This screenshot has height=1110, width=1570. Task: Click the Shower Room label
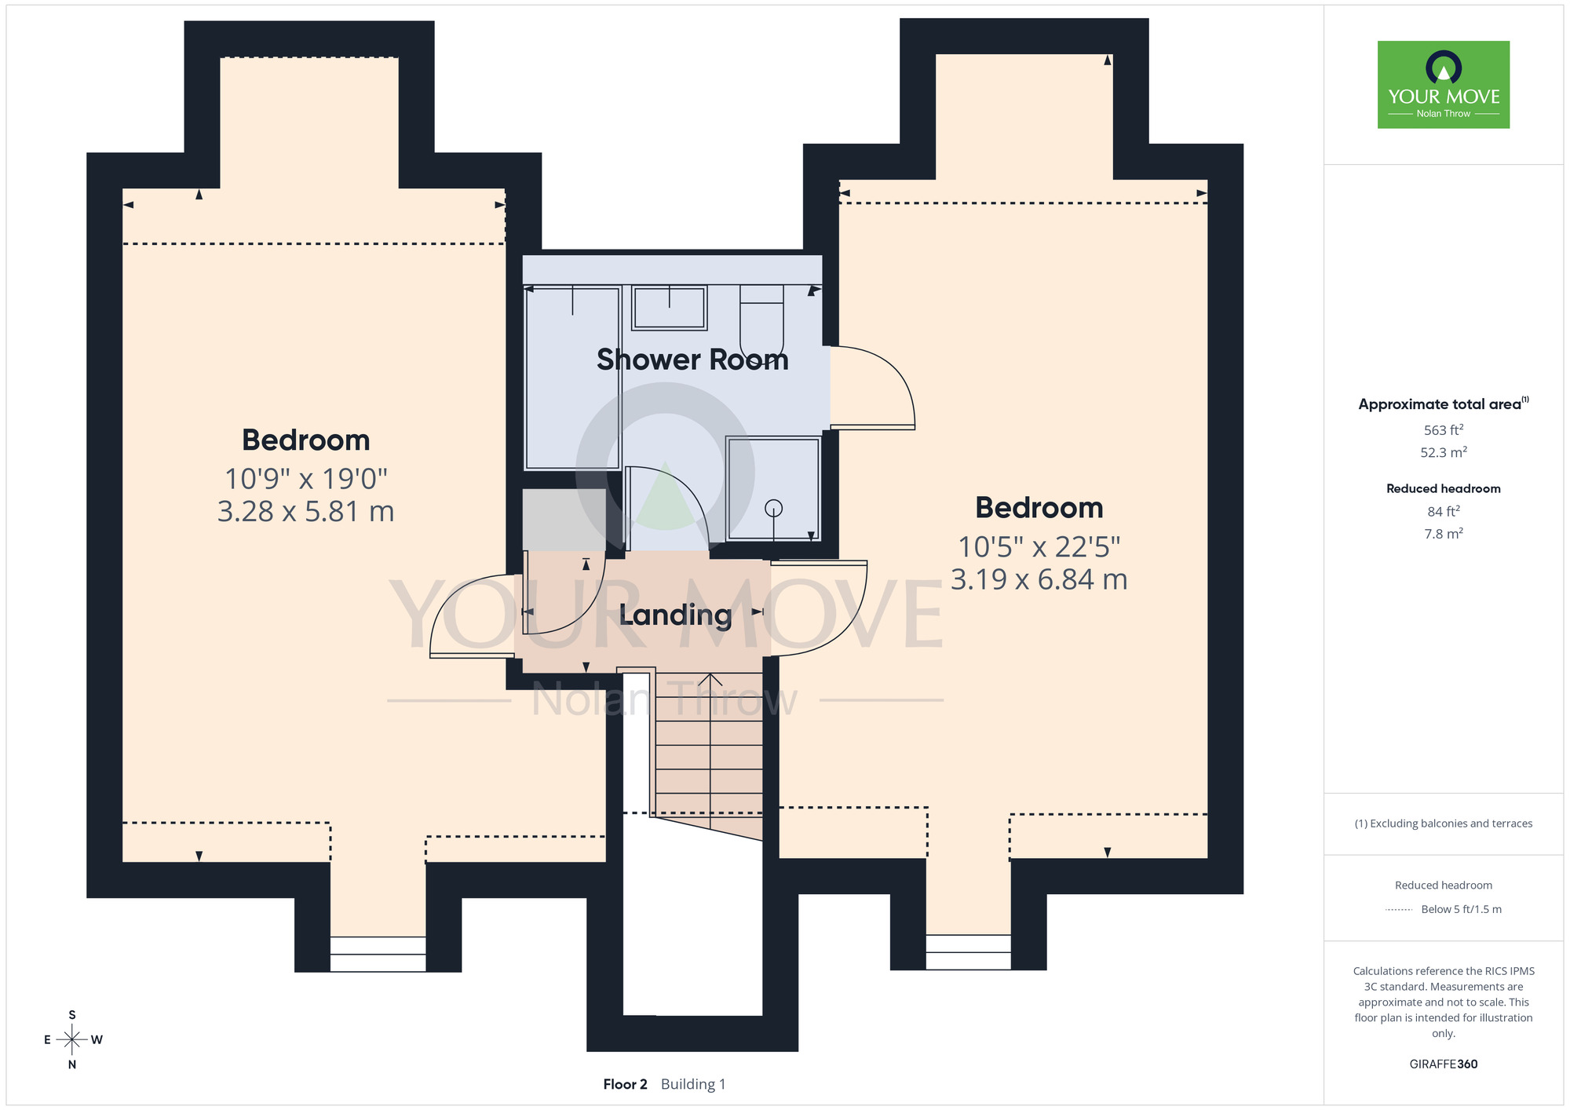(692, 360)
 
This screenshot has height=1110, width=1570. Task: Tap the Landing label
(675, 615)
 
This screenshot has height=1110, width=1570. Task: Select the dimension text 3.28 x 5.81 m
(305, 511)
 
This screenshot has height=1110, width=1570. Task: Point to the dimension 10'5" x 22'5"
(1039, 546)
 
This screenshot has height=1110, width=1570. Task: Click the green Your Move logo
(1444, 85)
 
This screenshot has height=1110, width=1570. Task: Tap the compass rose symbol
(71, 1040)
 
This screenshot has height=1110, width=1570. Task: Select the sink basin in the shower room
(670, 308)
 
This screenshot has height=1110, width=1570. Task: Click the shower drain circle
(774, 509)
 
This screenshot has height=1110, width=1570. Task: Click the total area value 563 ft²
(1444, 429)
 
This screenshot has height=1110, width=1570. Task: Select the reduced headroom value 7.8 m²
(1444, 533)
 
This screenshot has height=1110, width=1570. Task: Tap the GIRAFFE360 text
(1444, 1064)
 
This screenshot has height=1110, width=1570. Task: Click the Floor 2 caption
(625, 1084)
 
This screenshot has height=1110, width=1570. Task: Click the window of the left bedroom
(378, 954)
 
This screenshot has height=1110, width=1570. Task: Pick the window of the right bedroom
(969, 952)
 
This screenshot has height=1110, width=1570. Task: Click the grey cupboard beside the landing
(564, 520)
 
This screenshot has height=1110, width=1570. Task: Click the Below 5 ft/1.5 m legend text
(1461, 909)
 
